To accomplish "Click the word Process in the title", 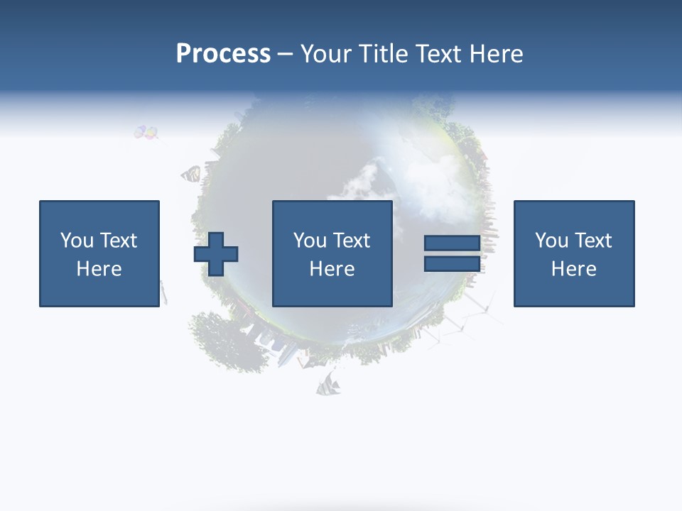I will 223,54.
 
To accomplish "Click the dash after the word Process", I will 285,55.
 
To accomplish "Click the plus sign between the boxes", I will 216,254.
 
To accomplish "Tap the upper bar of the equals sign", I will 452,243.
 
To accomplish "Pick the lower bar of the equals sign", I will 452,263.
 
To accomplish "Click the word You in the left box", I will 77,241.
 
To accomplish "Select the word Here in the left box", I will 99,269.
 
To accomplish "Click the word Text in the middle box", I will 352,241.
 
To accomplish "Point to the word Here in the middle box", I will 332,269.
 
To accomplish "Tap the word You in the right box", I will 551,241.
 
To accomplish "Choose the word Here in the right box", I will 573,269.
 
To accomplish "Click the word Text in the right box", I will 593,241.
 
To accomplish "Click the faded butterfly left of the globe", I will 190,174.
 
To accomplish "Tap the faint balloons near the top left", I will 146,132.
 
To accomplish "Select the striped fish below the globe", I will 329,385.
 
